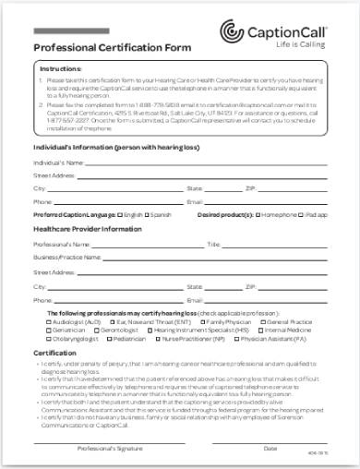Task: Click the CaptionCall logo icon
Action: click(233, 34)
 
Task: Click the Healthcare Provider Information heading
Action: click(88, 229)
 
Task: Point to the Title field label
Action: click(214, 245)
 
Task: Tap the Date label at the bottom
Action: click(270, 447)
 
